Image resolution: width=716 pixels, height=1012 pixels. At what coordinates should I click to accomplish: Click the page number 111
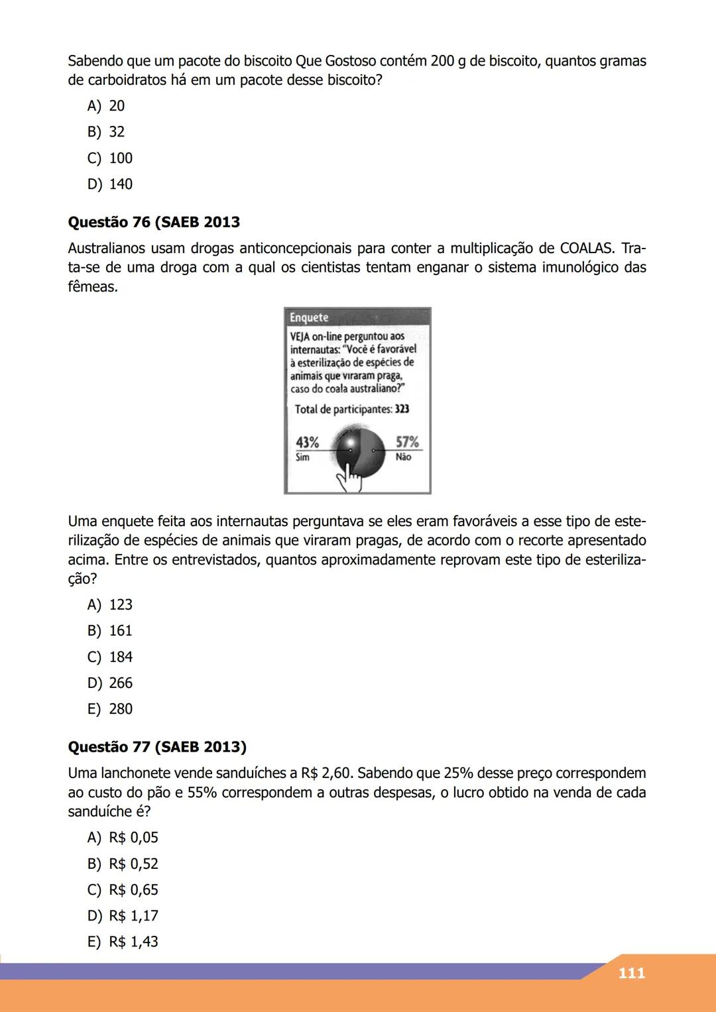[x=630, y=973]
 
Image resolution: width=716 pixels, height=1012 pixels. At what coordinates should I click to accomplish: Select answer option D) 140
[x=110, y=184]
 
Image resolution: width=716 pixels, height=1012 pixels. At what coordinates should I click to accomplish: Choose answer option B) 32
[x=106, y=132]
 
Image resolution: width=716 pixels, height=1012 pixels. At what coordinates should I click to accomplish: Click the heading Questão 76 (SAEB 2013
[x=154, y=222]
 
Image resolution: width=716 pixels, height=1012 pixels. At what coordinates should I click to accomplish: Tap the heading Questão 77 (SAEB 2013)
[x=157, y=747]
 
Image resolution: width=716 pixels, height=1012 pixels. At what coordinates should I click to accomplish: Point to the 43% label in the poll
[x=307, y=442]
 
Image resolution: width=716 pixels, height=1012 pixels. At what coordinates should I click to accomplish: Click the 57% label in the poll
[x=407, y=442]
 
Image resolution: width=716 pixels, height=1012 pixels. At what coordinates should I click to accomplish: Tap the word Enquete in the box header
[x=309, y=317]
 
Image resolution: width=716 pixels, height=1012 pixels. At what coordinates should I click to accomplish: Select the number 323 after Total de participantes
[x=402, y=409]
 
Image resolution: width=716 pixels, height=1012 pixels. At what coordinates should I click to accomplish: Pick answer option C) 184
[x=110, y=657]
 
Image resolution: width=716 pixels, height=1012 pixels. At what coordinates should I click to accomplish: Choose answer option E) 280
[x=110, y=709]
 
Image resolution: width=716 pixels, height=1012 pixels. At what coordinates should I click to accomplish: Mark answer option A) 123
[x=110, y=604]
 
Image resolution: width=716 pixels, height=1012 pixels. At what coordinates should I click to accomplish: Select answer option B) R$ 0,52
[x=123, y=864]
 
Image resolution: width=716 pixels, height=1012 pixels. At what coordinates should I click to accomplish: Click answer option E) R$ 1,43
[x=123, y=942]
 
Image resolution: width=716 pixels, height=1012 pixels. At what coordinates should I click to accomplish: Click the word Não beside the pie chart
[x=403, y=457]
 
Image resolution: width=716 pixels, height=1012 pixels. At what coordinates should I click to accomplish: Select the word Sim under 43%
[x=302, y=457]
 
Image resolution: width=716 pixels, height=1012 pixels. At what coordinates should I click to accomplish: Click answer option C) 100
[x=110, y=158]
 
